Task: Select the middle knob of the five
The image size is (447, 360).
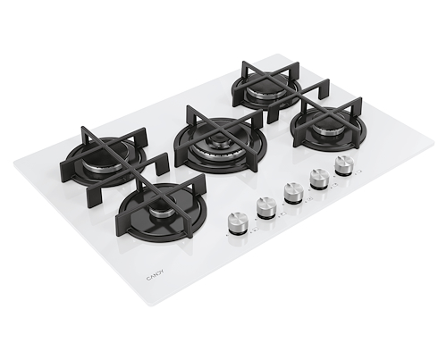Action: (293, 193)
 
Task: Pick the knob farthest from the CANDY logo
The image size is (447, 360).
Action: (344, 166)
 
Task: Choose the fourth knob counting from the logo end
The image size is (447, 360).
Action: (319, 179)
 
